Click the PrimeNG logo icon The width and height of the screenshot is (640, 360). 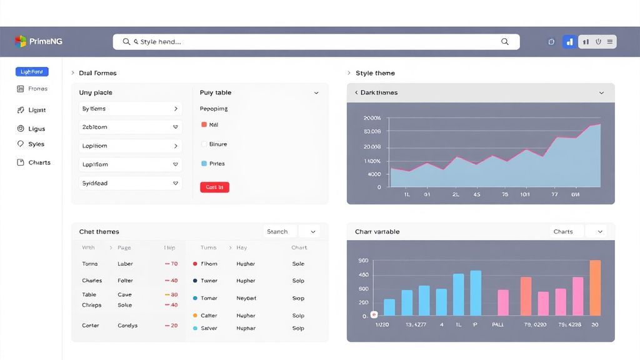21,41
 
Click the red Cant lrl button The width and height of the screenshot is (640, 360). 214,187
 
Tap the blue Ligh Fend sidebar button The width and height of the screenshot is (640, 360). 32,72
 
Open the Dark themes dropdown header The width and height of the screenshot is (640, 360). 480,92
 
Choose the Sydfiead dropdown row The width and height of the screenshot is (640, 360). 131,183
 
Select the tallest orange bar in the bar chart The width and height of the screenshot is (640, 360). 595,288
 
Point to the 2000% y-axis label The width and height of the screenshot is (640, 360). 372,118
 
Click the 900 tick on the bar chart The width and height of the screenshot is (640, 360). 363,261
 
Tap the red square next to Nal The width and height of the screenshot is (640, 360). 204,124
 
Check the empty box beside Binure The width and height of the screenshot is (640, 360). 204,144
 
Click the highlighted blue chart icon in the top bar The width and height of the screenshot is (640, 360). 569,42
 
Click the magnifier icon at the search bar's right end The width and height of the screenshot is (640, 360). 505,42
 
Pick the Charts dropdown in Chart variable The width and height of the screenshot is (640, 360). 578,231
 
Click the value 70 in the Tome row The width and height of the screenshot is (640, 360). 172,264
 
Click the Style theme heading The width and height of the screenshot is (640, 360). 375,73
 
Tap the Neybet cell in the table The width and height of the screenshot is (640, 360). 246,298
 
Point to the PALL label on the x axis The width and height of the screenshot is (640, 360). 498,325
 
